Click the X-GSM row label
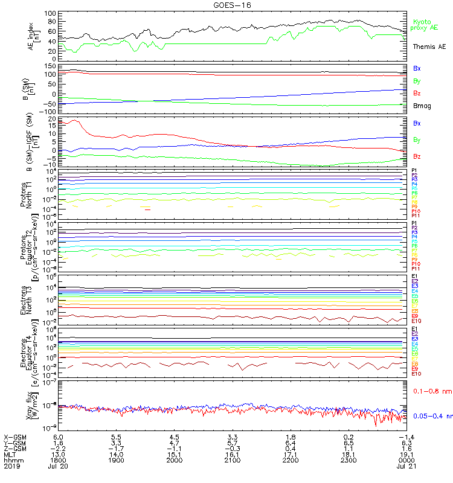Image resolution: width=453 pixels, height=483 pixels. click(14, 436)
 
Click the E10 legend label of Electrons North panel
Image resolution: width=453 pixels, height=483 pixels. click(416, 320)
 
